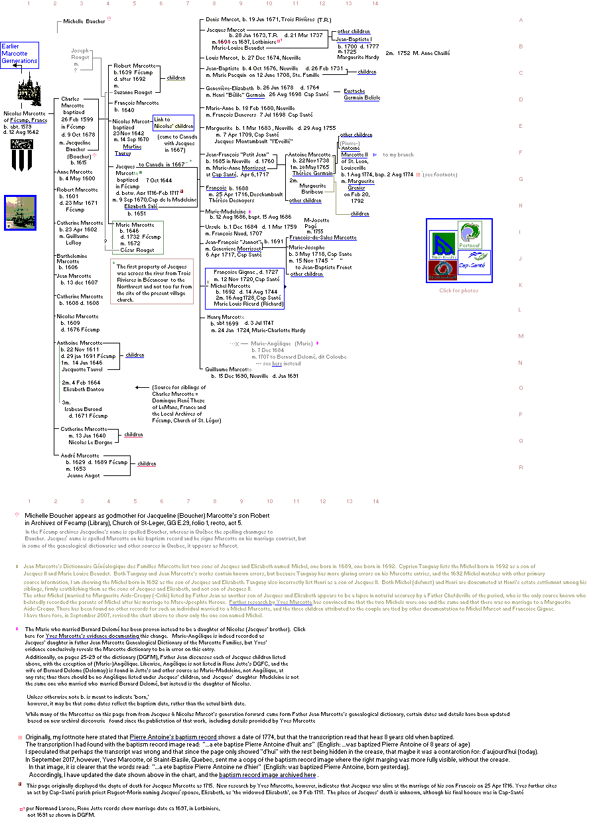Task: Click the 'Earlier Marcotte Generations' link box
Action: (x=19, y=54)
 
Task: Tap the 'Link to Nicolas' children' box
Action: (x=173, y=123)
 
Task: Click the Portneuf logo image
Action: (x=470, y=234)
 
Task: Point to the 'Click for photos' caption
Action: (x=458, y=290)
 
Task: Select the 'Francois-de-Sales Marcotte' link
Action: (x=322, y=237)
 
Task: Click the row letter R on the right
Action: (x=521, y=467)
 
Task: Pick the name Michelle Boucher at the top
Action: (x=84, y=21)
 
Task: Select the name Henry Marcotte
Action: (x=226, y=317)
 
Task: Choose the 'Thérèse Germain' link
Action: (x=312, y=173)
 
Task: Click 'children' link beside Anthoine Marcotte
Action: (x=135, y=355)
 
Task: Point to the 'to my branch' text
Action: (x=398, y=154)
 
